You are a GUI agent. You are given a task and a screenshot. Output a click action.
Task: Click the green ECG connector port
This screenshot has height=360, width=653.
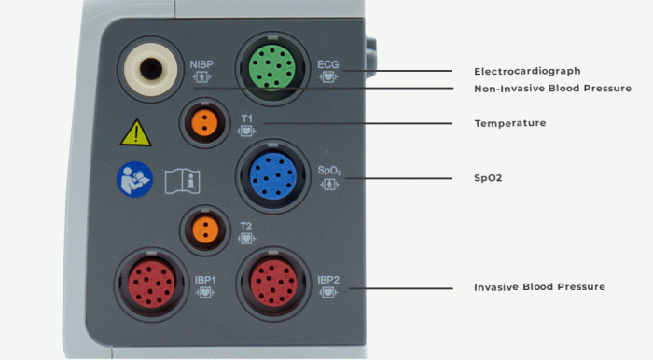(271, 65)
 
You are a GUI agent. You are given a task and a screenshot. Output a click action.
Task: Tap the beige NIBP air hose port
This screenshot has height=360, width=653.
(149, 69)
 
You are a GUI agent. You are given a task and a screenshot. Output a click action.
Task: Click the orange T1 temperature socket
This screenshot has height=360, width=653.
(204, 120)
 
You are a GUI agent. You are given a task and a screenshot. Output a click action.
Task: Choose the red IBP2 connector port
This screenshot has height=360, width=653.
(274, 281)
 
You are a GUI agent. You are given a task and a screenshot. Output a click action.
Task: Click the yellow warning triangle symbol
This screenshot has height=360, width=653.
(135, 133)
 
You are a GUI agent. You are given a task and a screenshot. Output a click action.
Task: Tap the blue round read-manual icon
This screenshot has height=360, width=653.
(134, 180)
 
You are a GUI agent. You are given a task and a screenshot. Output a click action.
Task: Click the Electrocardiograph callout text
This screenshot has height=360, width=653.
(527, 71)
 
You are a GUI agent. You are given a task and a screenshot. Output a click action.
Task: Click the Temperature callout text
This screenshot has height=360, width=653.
(509, 123)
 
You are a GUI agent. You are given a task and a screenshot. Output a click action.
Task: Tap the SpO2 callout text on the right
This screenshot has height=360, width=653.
(488, 177)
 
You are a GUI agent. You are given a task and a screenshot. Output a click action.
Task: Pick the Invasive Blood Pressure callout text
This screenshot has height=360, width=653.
(539, 286)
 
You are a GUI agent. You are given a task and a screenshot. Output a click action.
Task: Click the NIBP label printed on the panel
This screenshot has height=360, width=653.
(201, 64)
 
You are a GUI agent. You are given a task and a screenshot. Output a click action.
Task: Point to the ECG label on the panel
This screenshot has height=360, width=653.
(327, 64)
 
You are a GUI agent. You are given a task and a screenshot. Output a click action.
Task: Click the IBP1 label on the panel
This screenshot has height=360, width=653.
(205, 279)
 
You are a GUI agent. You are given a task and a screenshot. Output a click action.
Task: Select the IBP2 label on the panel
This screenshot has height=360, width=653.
(328, 279)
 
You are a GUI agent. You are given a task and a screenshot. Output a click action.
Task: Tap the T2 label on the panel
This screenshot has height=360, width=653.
(245, 225)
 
